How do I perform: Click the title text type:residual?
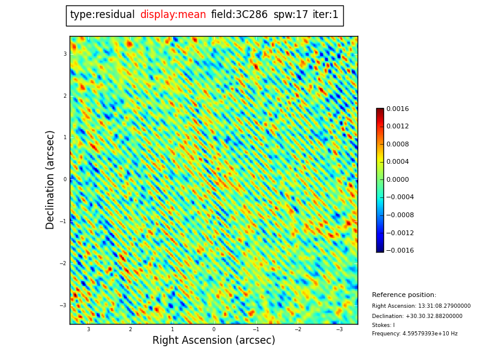[102, 15]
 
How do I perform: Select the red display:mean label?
[173, 15]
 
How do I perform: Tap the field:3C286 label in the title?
[239, 15]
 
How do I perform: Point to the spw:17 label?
[290, 15]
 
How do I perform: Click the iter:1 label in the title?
[326, 15]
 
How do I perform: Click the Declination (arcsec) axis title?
[50, 179]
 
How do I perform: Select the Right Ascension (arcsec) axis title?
[214, 341]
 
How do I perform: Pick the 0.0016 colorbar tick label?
[397, 109]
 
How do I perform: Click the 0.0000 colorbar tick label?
[397, 179]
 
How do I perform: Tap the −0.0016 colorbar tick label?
[400, 250]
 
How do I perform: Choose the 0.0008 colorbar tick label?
[397, 144]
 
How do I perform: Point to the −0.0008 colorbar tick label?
[400, 215]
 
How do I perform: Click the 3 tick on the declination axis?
[65, 54]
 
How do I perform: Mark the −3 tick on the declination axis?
[63, 305]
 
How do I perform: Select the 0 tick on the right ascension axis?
[214, 329]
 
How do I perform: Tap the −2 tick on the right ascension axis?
[298, 329]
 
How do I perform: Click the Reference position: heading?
[404, 295]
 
